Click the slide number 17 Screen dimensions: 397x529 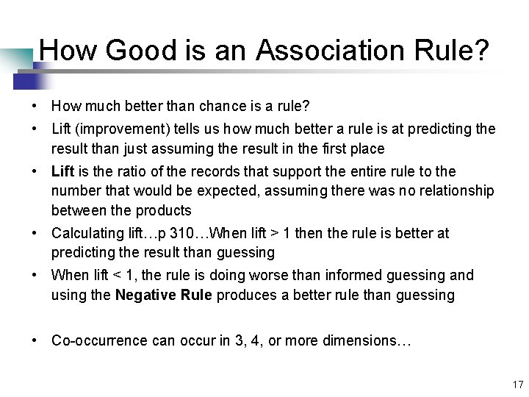pyautogui.click(x=517, y=385)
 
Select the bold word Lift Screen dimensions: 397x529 pyautogui.click(x=63, y=171)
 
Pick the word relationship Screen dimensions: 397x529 pyautogui.click(x=455, y=191)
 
